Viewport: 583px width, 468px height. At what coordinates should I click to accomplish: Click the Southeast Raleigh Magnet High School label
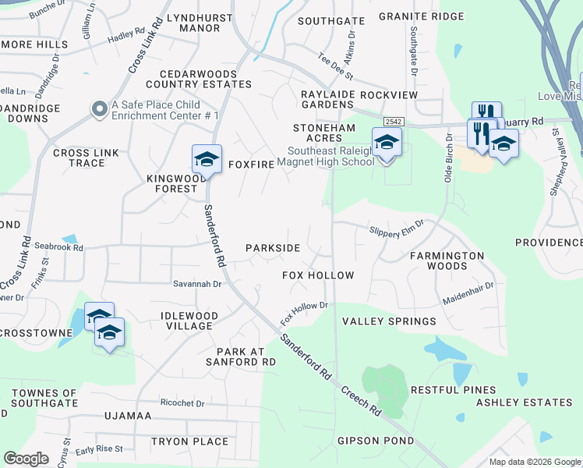(x=331, y=156)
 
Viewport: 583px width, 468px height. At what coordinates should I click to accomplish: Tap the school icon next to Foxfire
(x=207, y=158)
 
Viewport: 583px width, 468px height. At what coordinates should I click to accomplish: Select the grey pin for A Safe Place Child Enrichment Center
(x=99, y=110)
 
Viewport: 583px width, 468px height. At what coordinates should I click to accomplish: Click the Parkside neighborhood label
(x=273, y=248)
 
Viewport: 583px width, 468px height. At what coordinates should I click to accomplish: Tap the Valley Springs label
(x=389, y=321)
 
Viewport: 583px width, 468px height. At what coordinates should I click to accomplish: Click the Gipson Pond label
(x=376, y=441)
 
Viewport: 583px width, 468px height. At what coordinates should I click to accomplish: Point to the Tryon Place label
(x=190, y=441)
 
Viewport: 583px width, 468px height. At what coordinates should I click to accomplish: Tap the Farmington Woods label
(x=447, y=261)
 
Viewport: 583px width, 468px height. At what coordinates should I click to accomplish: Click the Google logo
(x=26, y=459)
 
